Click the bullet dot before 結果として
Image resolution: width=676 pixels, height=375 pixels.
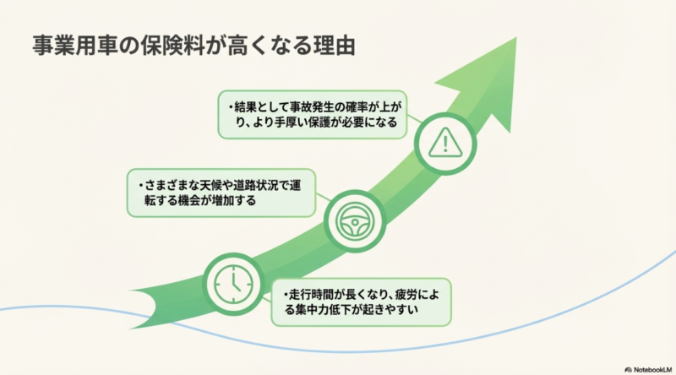coord(228,107)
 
